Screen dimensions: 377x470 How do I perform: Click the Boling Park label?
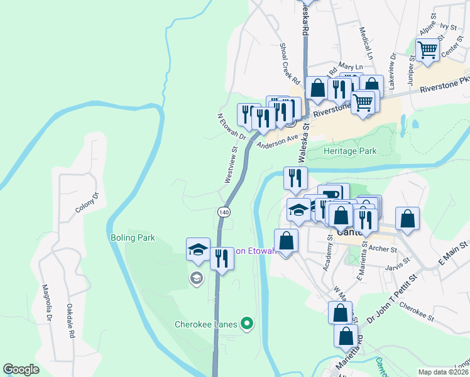tap(132, 238)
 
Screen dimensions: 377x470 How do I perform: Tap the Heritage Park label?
tap(349, 151)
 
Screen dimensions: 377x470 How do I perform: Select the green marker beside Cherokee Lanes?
tap(248, 324)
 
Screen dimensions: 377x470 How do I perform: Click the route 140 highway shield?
tap(224, 212)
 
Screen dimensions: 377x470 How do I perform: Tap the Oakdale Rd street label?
tap(70, 322)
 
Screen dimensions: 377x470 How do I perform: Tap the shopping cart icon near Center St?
tap(427, 49)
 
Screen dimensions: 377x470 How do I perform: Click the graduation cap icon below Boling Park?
tap(198, 249)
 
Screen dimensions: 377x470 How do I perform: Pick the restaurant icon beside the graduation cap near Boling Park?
tap(221, 258)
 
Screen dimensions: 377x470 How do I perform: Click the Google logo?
tap(21, 369)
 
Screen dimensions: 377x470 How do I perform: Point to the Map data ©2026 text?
tap(443, 372)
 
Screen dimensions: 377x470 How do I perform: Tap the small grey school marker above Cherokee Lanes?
tap(196, 278)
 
